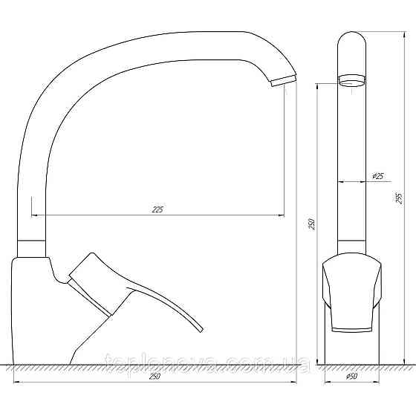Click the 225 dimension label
(157, 209)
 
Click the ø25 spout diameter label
(377, 176)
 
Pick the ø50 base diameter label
(352, 377)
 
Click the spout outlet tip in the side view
(283, 81)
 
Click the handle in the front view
(352, 293)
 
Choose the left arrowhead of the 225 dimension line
(34, 215)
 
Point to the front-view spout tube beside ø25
(351, 178)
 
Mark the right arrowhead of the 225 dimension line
(283, 215)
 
